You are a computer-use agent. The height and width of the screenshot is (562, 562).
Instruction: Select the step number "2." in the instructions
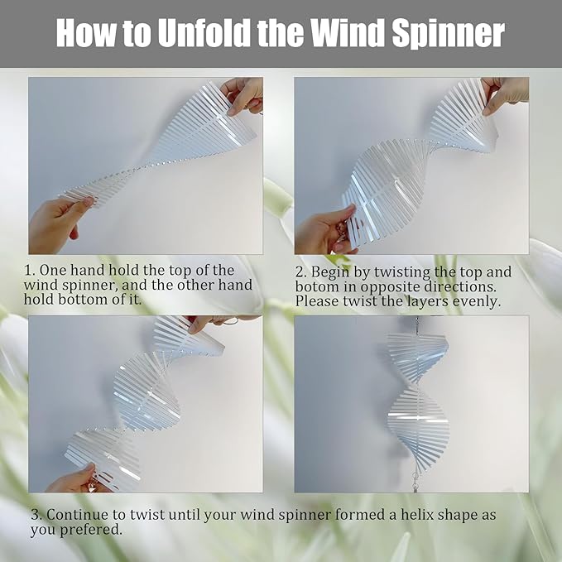click(301, 272)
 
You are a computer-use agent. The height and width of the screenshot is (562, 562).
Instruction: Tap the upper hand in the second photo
click(506, 93)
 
